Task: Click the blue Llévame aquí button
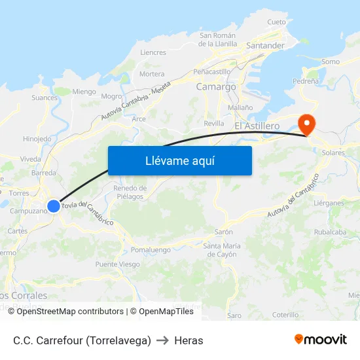[x=179, y=160]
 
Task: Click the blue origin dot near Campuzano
[x=54, y=206]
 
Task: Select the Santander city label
[x=265, y=46]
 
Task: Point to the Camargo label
[x=216, y=86]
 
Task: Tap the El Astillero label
[x=257, y=125]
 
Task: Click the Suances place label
[x=45, y=98]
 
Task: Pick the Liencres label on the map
[x=153, y=52]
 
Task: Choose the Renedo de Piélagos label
[x=130, y=192]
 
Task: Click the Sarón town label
[x=224, y=232]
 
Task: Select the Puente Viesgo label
[x=118, y=264]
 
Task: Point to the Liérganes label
[x=329, y=204]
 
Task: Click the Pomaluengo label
[x=151, y=250]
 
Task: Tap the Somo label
[x=331, y=62]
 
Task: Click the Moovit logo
[x=321, y=340]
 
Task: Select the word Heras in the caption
[x=189, y=340]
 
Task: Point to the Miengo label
[x=84, y=92]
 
